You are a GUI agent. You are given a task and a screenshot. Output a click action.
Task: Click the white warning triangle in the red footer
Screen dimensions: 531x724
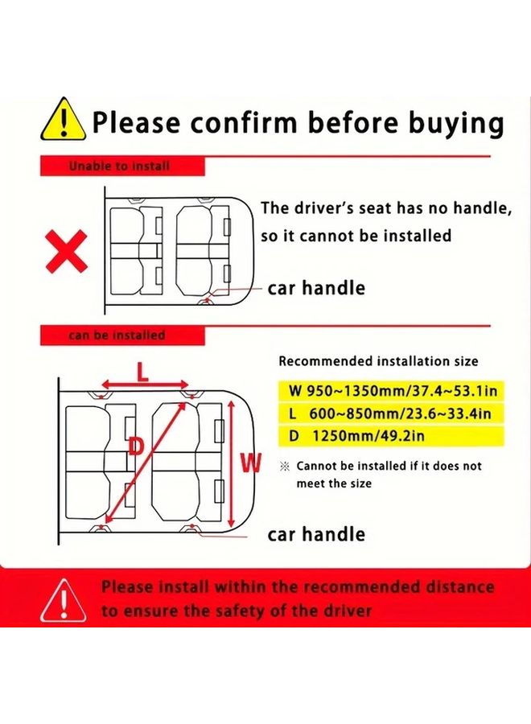(64, 600)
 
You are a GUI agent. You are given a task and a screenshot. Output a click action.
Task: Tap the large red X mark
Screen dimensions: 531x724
(66, 251)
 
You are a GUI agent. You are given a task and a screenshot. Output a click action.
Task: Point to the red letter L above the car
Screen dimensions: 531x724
(143, 372)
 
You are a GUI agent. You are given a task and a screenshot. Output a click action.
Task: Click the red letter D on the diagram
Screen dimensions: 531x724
(136, 446)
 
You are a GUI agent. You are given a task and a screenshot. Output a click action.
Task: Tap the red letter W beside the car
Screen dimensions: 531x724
(251, 463)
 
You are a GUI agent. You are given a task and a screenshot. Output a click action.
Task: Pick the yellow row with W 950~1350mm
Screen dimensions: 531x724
(391, 391)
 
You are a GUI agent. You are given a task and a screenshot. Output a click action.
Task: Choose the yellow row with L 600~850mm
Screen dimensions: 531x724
(391, 413)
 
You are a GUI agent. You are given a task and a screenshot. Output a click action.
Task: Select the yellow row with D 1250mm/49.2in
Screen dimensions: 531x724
(391, 435)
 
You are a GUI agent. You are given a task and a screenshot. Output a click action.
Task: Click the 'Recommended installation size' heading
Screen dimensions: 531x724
(378, 361)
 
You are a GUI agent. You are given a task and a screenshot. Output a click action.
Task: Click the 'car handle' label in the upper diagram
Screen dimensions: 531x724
(316, 288)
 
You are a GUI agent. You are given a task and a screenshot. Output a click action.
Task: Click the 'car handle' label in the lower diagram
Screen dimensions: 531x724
(316, 534)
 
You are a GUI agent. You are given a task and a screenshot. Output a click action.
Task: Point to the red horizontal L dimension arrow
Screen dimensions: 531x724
(145, 385)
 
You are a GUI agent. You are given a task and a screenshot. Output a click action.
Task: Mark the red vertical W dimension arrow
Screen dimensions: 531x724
(232, 463)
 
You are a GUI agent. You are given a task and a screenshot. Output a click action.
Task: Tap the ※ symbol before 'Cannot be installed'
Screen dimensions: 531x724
(285, 467)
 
